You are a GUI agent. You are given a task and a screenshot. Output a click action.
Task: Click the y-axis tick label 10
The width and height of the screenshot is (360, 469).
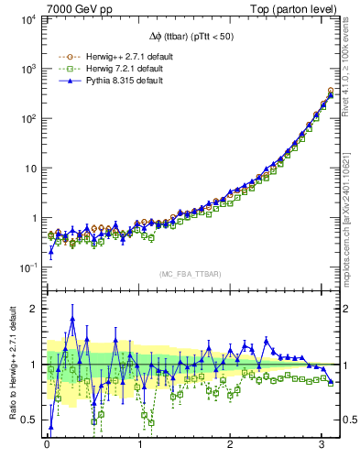pyautogui.click(x=29, y=169)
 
